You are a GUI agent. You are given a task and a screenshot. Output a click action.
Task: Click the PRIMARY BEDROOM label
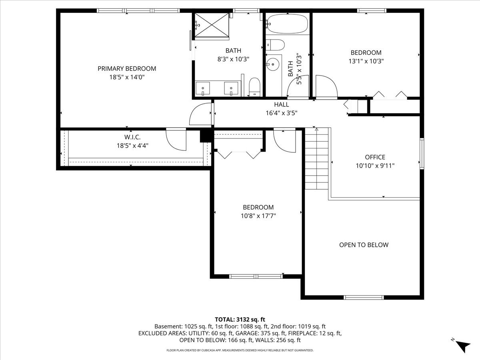coord(127,68)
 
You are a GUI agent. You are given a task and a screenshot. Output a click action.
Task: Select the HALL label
coord(281,104)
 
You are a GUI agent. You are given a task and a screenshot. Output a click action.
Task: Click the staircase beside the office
coord(317,159)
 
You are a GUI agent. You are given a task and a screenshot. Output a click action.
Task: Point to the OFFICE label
coord(375,157)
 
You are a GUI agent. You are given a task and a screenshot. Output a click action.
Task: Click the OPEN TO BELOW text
coord(364,245)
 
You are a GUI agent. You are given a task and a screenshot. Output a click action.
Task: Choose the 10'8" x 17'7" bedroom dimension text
coord(258,216)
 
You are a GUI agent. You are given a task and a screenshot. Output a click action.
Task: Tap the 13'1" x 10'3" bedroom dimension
coord(366,61)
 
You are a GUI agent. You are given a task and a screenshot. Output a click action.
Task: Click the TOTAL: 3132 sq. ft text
coord(240,319)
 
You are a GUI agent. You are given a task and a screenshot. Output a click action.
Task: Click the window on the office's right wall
coord(421,153)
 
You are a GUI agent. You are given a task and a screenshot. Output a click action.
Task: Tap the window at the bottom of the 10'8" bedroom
coord(256,276)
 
